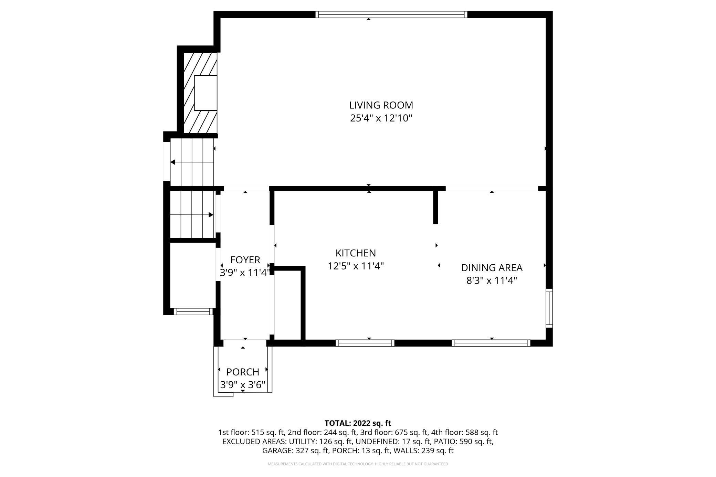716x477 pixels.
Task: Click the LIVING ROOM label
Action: (x=381, y=105)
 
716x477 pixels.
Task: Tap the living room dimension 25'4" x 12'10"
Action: (x=381, y=118)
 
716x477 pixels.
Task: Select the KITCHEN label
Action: (x=356, y=253)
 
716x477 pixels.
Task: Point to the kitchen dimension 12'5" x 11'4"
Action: (x=356, y=266)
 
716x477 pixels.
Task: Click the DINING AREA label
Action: (x=492, y=267)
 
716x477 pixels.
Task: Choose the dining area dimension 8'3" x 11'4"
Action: (x=492, y=281)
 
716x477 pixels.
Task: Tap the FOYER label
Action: (x=245, y=259)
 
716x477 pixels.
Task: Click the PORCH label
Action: (x=243, y=372)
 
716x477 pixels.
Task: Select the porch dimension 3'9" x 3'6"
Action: (x=243, y=385)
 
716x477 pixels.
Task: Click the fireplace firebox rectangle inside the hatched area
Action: (x=206, y=93)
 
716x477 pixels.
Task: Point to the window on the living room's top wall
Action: (x=391, y=14)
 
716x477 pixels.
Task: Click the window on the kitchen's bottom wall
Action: (x=365, y=343)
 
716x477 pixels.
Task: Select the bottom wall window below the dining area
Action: (x=491, y=343)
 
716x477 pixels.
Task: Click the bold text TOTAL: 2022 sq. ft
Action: (x=358, y=423)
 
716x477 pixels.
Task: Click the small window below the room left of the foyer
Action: (x=193, y=311)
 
